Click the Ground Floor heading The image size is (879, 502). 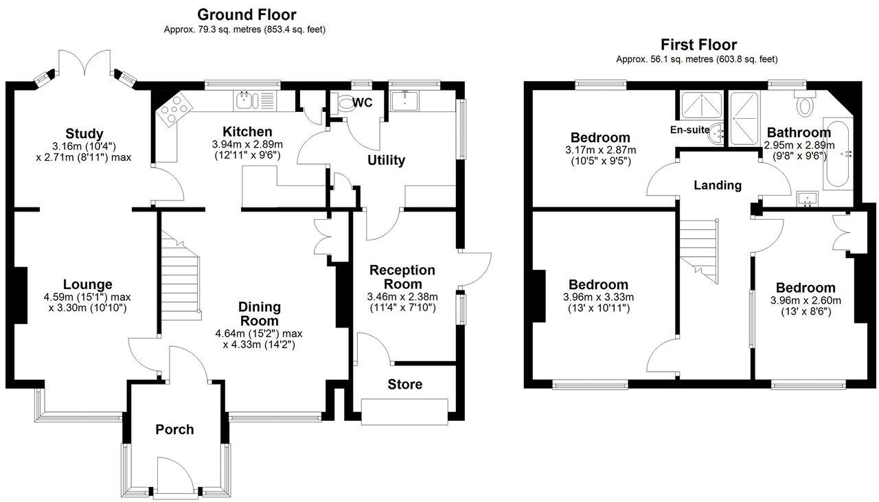coord(247,14)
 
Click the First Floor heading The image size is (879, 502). coord(698,45)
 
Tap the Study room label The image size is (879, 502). coord(84,133)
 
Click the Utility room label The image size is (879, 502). coord(386,161)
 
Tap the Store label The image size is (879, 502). coord(404,384)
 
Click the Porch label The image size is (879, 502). coord(174,430)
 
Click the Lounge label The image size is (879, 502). coord(87,284)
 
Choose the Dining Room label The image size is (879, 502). coord(259,314)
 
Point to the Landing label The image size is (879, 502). coord(717,185)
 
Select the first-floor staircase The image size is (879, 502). coord(700,247)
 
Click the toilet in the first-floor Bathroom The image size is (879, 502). coord(805,105)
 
